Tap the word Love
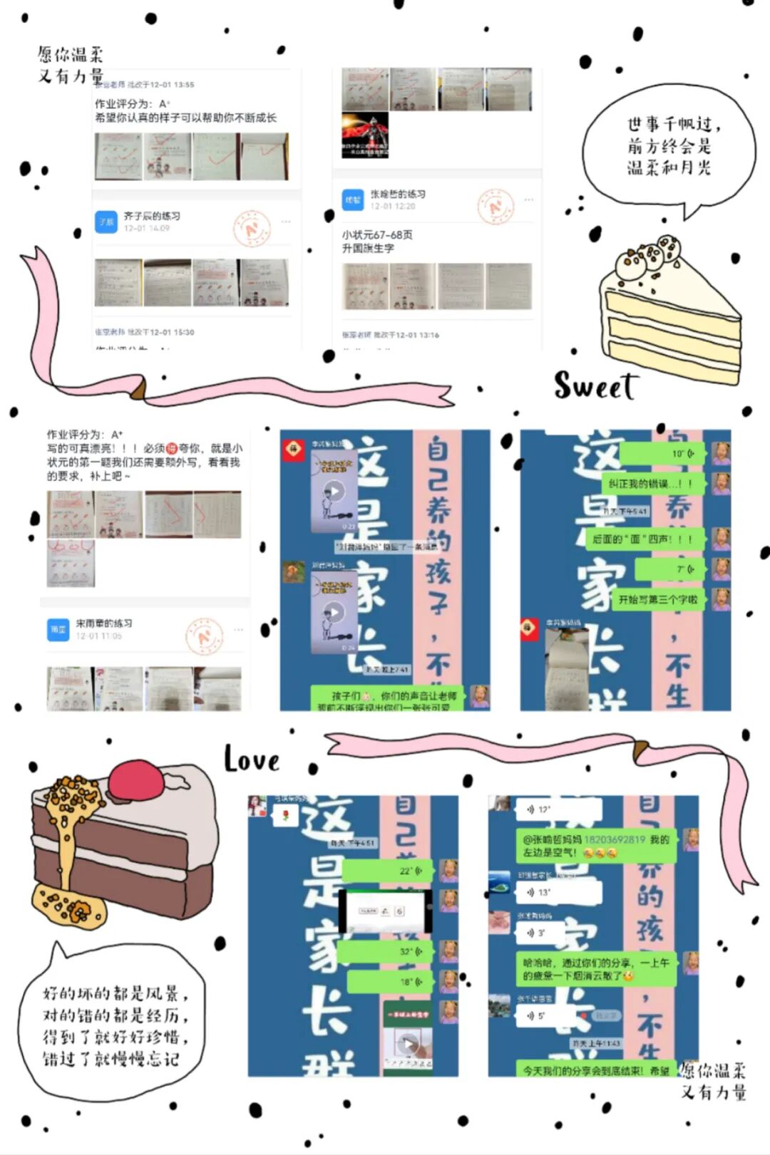pos(251,760)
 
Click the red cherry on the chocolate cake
pos(135,779)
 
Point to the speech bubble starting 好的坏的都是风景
pos(114,1026)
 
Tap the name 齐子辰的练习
pos(152,216)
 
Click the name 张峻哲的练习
pos(398,194)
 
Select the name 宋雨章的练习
pos(104,623)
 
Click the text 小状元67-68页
pos(377,234)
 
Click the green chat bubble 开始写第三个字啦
pos(658,599)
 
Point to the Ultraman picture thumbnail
pos(365,135)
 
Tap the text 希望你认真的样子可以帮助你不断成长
pos(185,118)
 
